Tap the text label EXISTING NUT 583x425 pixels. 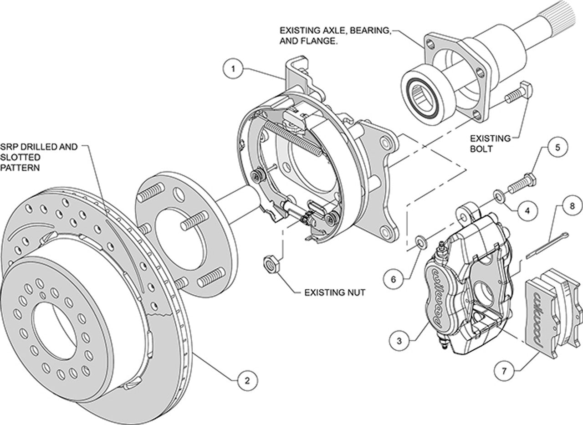point(334,292)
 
